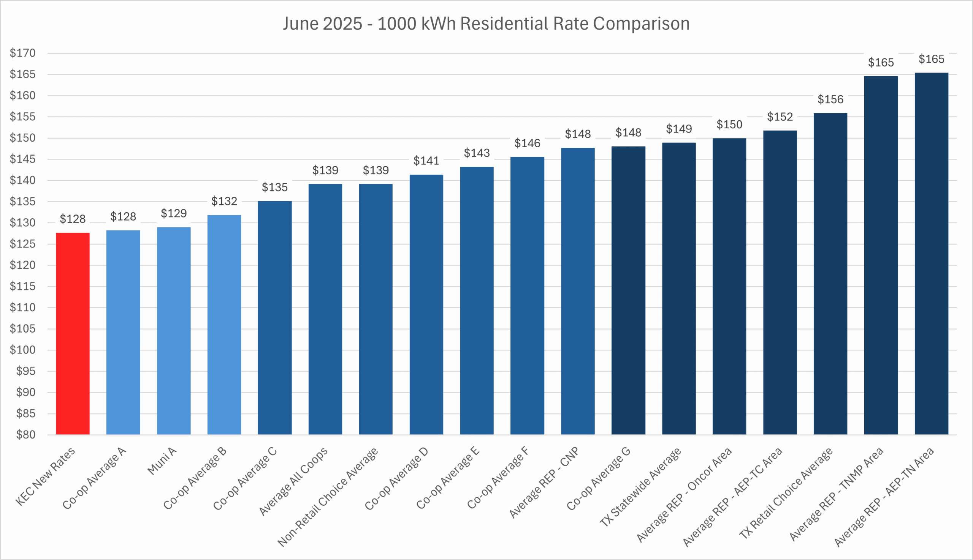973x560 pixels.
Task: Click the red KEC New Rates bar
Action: coord(72,333)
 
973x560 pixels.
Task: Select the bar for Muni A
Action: coord(174,331)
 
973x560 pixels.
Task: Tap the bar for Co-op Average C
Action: coord(274,318)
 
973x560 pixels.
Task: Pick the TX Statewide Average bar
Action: coord(679,289)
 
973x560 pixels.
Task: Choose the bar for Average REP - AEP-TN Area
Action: coord(932,254)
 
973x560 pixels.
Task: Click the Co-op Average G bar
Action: coord(628,290)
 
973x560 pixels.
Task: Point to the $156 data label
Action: coord(830,99)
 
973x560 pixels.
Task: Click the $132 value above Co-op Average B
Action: coord(224,201)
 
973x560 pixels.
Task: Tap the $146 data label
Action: coord(527,144)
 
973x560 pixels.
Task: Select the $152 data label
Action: coord(780,117)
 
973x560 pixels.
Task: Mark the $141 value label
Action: coord(426,161)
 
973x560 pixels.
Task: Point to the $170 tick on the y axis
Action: coord(23,53)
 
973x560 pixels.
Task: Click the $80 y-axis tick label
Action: coord(25,435)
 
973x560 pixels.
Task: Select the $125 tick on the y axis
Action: coord(23,244)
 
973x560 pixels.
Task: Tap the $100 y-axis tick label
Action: coord(23,350)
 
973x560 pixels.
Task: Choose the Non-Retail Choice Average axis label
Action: coord(328,497)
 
